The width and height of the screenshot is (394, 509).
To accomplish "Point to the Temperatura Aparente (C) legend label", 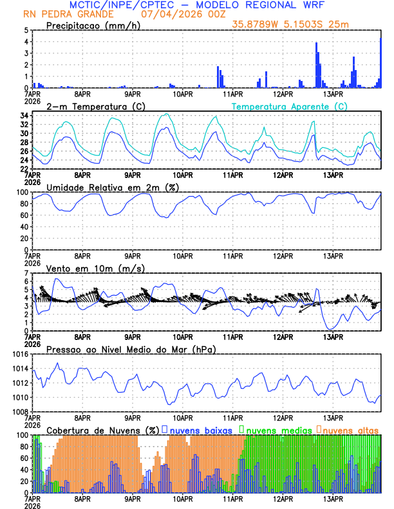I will (x=289, y=106).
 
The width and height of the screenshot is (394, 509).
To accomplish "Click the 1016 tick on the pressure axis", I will (x=19, y=354).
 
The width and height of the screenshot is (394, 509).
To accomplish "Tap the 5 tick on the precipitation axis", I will (x=26, y=30).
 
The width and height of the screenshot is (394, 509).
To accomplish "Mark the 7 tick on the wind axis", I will (x=26, y=273).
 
